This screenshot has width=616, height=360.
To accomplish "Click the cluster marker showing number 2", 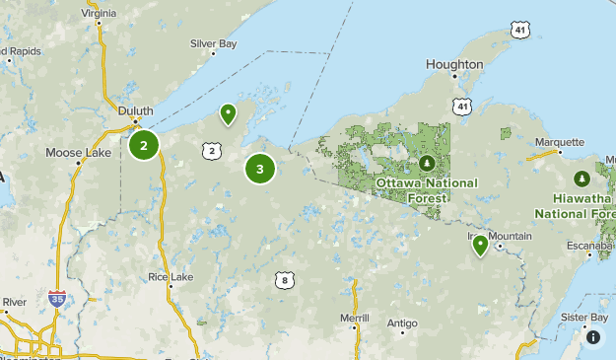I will click(144, 146).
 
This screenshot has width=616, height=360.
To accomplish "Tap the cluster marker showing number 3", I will click(260, 169).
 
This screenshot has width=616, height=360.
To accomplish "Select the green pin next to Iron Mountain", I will click(480, 244).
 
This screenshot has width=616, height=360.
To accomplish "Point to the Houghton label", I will click(454, 64).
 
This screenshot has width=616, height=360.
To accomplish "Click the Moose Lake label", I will click(76, 153).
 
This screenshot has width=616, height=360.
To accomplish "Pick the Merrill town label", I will click(353, 318).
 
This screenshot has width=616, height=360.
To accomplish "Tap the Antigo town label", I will click(402, 323).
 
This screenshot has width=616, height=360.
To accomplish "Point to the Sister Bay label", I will click(584, 318).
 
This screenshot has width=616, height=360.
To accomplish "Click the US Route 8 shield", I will click(284, 280).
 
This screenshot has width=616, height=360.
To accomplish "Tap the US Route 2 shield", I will click(212, 150).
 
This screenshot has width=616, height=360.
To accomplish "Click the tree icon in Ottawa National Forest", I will click(427, 163).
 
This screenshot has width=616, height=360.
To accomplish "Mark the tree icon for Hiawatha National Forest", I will click(582, 179).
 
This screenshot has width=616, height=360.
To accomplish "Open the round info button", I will click(593, 337).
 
